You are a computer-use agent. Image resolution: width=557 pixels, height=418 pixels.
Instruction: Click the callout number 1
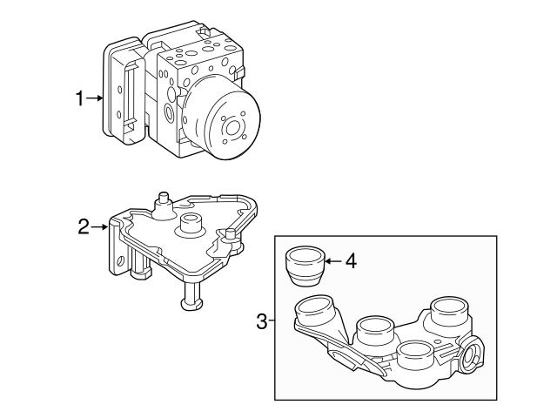(79, 99)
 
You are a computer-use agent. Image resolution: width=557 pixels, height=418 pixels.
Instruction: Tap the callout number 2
(84, 227)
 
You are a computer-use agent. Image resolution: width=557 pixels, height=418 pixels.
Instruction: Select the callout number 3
(262, 322)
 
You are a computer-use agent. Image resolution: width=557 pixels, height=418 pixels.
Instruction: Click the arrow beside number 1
(97, 99)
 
